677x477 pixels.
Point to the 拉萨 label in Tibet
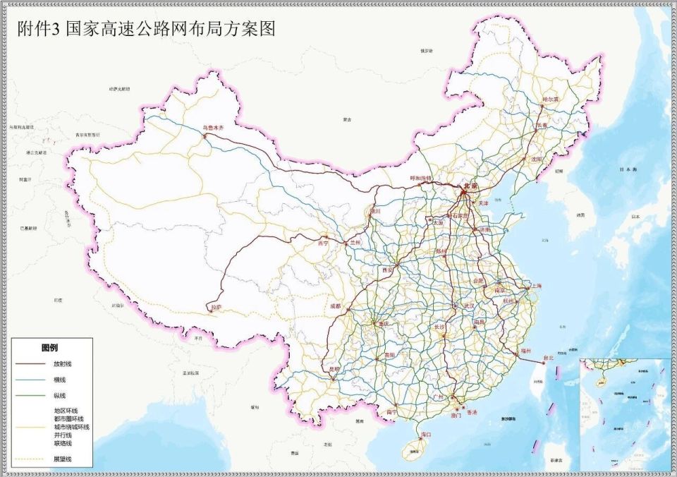pos(216,307)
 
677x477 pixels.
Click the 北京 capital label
pos(470,188)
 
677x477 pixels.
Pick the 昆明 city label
pos(334,368)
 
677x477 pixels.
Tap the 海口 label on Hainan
pos(425,434)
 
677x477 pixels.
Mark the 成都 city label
pos(334,306)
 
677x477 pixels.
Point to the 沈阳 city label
pos(537,159)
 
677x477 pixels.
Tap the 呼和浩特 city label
pos(420,179)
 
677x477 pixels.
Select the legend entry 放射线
pos(63,364)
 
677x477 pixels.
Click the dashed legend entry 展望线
pos(63,459)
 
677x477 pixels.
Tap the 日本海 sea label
pos(628,170)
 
